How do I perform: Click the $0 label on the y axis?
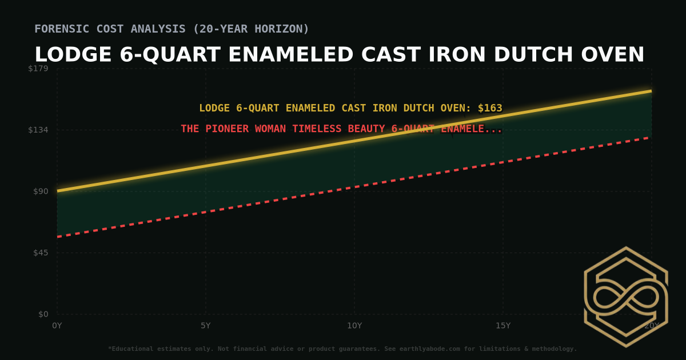[x=43, y=314]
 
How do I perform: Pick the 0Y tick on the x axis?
[x=57, y=326]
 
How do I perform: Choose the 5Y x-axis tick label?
[x=206, y=326]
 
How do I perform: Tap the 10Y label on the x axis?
[x=354, y=326]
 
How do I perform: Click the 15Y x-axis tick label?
[x=503, y=326]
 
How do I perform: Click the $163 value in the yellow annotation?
[x=490, y=108]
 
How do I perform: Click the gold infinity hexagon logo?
[x=625, y=297]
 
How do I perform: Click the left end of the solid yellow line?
[x=58, y=191]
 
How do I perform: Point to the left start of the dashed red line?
[x=58, y=237]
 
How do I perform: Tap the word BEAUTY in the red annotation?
[x=368, y=129]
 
